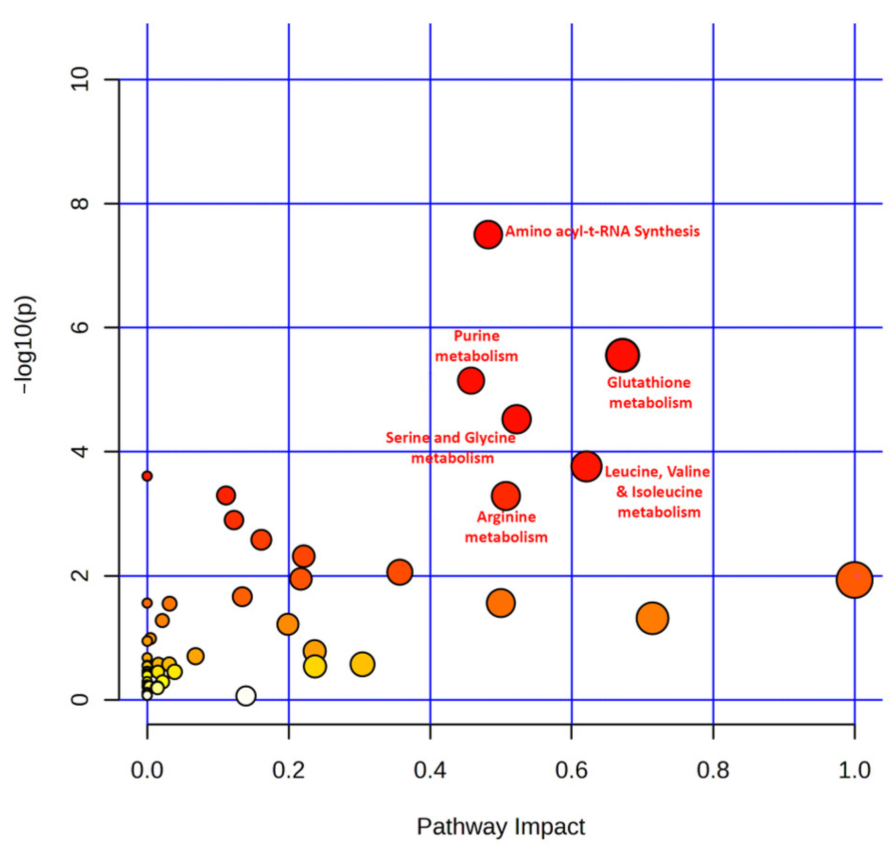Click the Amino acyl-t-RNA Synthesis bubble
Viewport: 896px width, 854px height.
(488, 234)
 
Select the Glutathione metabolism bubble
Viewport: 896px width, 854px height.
(622, 355)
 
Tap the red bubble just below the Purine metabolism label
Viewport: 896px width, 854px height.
(471, 380)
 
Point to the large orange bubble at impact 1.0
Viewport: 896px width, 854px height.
(854, 580)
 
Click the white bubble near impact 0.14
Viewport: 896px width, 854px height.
(246, 696)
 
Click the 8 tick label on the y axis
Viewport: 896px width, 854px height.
(80, 203)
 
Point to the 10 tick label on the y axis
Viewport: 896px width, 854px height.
(80, 80)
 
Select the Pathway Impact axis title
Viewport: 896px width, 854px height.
(501, 826)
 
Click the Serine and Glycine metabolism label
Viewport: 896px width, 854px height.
(451, 448)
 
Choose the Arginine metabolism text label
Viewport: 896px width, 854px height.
(506, 527)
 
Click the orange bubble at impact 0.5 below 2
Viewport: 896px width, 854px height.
(501, 603)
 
